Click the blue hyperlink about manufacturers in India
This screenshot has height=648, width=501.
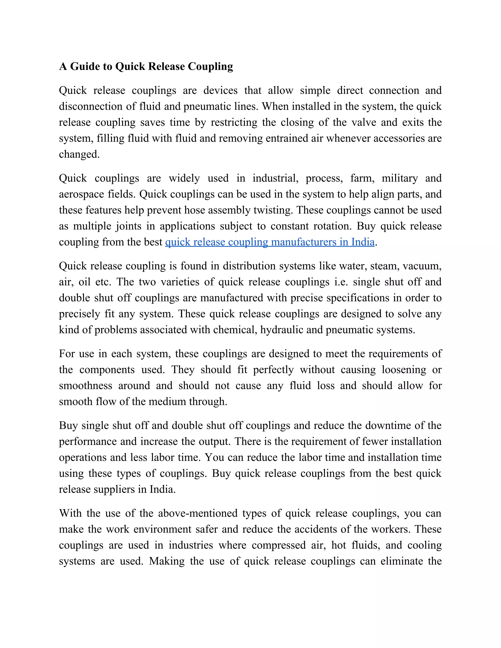click(x=270, y=242)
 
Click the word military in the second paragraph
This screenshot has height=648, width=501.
click(x=399, y=178)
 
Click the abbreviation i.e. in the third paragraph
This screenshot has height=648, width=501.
click(x=341, y=282)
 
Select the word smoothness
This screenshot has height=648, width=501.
click(x=85, y=386)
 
